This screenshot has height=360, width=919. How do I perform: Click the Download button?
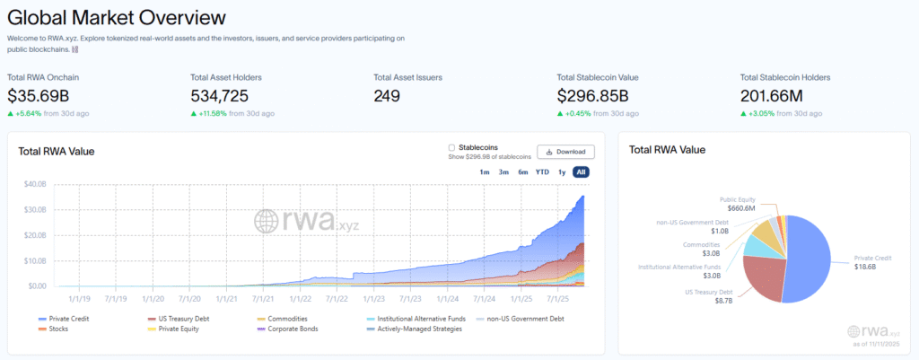(565, 152)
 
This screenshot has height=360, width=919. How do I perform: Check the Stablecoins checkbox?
(451, 147)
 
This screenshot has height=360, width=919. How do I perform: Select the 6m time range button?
(522, 171)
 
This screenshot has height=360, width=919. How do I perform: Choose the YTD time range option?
(542, 171)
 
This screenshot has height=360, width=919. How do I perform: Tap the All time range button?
(581, 171)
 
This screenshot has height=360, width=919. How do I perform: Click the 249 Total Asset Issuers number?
(387, 95)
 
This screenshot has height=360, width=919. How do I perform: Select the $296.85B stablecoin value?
(593, 95)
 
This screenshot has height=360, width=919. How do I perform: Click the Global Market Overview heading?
(117, 17)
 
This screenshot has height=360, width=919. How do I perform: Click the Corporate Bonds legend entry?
(289, 329)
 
